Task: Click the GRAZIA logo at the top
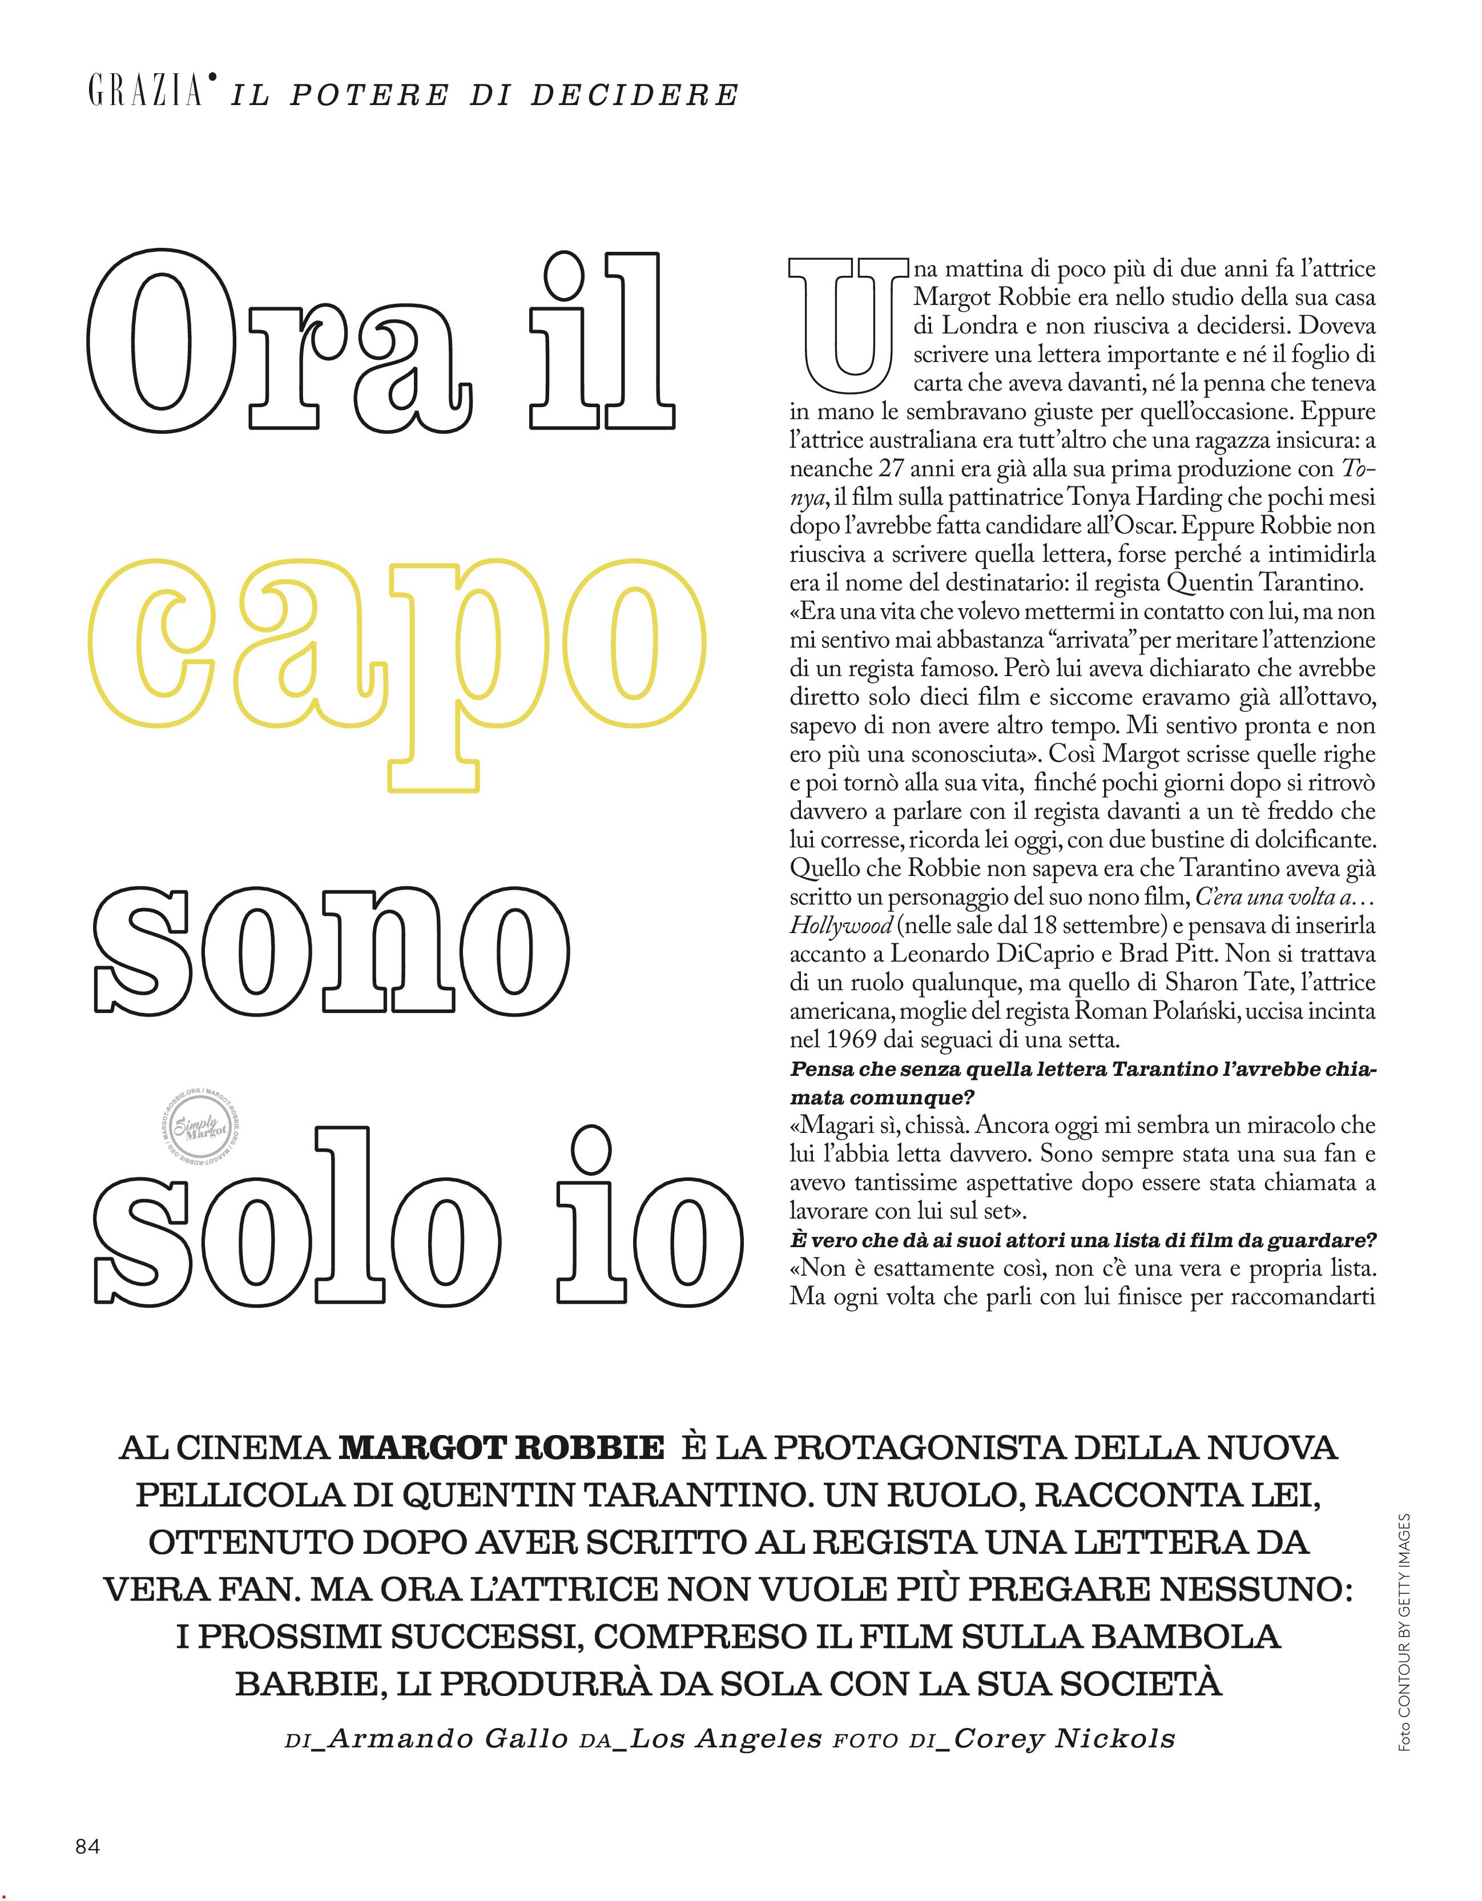pyautogui.click(x=148, y=91)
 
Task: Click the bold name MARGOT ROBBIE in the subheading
pyautogui.click(x=501, y=1448)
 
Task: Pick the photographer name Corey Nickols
pyautogui.click(x=1064, y=1738)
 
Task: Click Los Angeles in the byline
pyautogui.click(x=726, y=1738)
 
